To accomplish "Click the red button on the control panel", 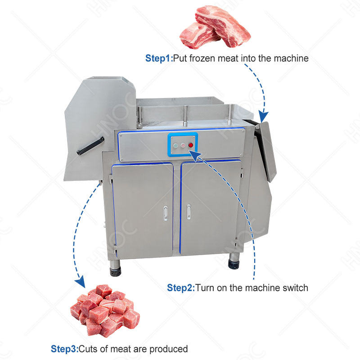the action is tap(191, 145).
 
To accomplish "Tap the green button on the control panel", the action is tap(175, 145).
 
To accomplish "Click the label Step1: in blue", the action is tap(159, 58).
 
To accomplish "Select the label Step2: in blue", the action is tap(181, 287).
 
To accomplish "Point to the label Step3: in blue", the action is tap(64, 349).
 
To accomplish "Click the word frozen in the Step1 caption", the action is tap(201, 58).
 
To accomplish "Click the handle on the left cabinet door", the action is tap(165, 212).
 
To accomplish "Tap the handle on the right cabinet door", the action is tap(189, 211).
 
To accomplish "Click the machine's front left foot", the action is tap(116, 271).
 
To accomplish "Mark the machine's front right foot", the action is tap(234, 262).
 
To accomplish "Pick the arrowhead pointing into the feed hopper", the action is tap(264, 118).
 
